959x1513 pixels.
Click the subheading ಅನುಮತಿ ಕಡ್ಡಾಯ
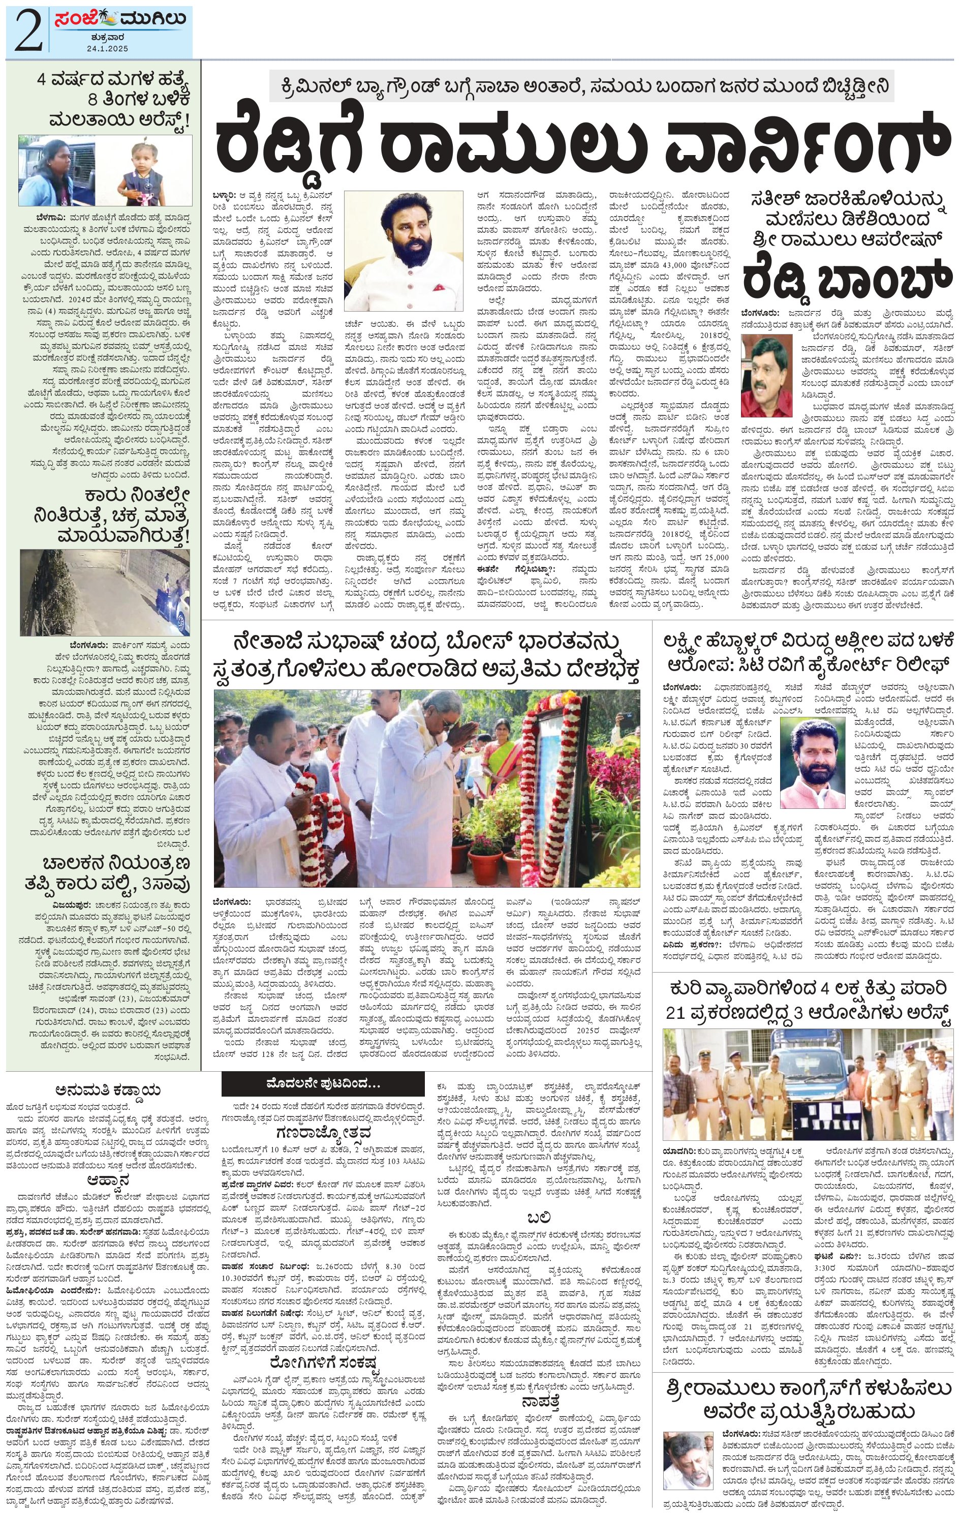tap(107, 1089)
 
